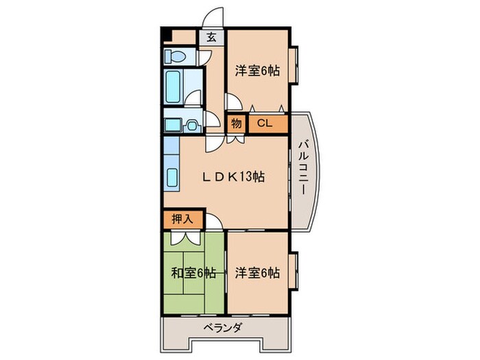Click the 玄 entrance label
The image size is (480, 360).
[x=211, y=38]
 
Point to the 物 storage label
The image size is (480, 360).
[x=236, y=124]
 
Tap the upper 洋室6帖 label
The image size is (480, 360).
[x=258, y=71]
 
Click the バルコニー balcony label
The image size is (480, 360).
[x=302, y=167]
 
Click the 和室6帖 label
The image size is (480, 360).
[x=194, y=272]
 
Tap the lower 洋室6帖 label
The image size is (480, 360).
[x=258, y=272]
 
